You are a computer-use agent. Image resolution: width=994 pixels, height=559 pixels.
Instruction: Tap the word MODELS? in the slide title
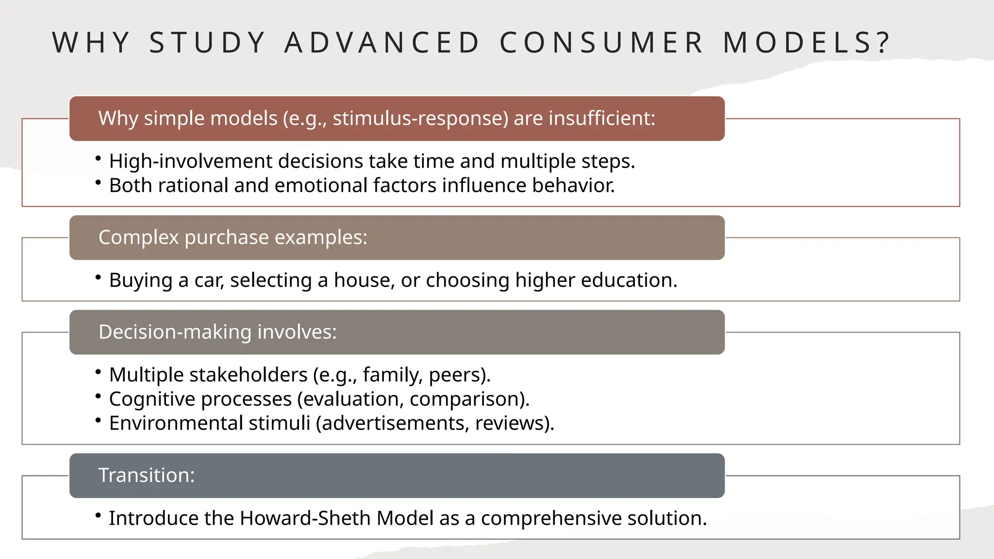[807, 43]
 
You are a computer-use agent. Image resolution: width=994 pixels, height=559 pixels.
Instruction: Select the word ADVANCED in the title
[382, 43]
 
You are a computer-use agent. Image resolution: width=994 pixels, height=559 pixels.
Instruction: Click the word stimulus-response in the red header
[420, 118]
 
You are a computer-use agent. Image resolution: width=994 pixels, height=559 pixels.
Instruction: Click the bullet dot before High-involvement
[98, 158]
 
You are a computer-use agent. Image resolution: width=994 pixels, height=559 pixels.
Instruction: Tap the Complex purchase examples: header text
[233, 237]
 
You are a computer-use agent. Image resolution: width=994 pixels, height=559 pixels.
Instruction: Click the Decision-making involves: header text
[217, 332]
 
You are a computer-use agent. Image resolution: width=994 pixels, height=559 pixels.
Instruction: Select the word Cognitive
[152, 399]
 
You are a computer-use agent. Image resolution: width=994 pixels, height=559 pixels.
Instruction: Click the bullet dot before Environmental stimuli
[98, 420]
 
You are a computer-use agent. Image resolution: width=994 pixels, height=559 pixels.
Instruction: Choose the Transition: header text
[147, 475]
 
